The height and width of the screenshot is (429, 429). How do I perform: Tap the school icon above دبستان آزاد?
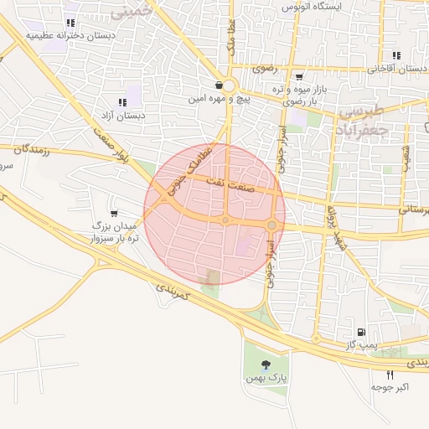[x=134, y=102]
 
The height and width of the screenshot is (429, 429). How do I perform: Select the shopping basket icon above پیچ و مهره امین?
[x=219, y=85]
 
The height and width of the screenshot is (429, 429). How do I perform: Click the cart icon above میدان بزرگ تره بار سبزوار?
[x=114, y=213]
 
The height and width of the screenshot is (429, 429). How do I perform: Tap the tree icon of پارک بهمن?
[x=266, y=364]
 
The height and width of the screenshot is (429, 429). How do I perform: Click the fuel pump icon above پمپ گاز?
[x=361, y=332]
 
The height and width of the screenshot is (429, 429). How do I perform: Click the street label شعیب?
[x=407, y=157]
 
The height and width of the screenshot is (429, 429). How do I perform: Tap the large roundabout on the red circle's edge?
[x=272, y=225]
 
